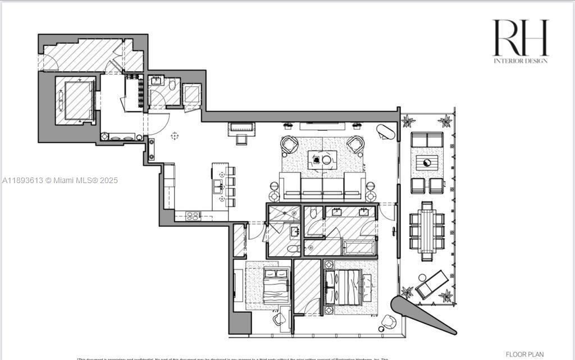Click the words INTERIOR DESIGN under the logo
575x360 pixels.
520,61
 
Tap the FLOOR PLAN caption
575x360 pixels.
524,354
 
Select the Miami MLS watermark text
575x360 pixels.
60,181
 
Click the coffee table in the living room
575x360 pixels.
322,160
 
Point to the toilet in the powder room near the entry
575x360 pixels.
172,85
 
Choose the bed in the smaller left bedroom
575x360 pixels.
275,285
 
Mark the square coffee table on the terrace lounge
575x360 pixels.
426,163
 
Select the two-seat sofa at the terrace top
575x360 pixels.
427,139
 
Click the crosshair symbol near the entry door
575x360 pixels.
175,135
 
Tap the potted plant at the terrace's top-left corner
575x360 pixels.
408,121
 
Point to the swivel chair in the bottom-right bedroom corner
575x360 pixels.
388,322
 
